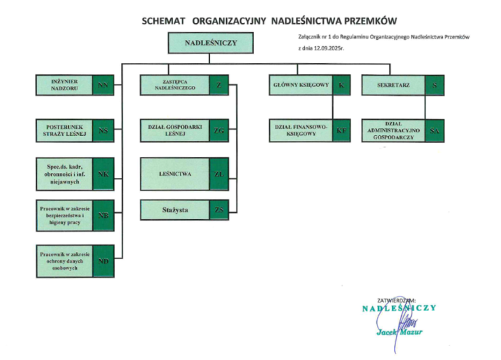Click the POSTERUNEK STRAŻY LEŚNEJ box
(64, 130)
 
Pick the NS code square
(104, 130)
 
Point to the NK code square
(104, 173)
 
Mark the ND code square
(104, 261)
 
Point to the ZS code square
(220, 209)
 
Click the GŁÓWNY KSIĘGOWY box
(300, 85)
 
